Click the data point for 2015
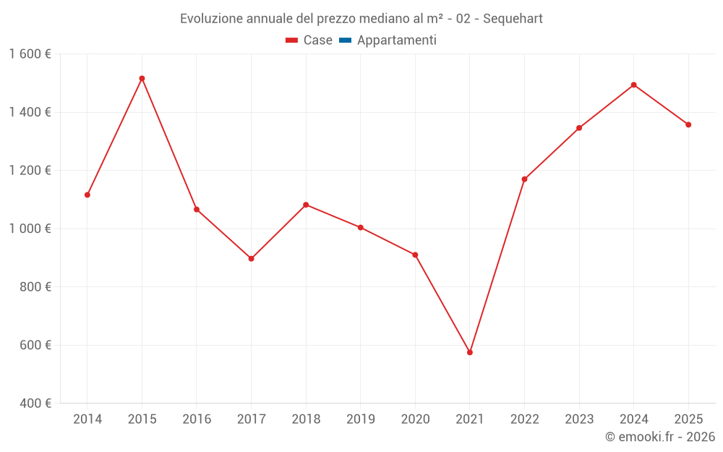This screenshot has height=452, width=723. tap(142, 78)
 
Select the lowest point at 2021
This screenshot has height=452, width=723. tap(470, 352)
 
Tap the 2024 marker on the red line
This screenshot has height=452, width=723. tap(633, 85)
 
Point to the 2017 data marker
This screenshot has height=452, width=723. tap(251, 258)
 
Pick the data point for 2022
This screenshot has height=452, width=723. tap(524, 179)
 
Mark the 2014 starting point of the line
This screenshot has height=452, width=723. tap(87, 195)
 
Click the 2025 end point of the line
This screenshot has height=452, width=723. tap(688, 124)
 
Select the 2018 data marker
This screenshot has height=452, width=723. tap(306, 205)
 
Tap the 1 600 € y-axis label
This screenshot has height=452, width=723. tap(30, 54)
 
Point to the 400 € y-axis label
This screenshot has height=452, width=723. tap(34, 404)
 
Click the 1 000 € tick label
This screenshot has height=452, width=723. tap(30, 229)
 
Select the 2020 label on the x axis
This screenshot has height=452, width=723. tap(415, 419)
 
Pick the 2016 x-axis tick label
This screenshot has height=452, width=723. tap(197, 419)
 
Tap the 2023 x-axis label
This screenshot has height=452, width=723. tap(579, 419)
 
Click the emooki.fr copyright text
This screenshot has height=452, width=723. tap(660, 437)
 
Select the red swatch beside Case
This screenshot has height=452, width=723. tap(292, 40)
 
